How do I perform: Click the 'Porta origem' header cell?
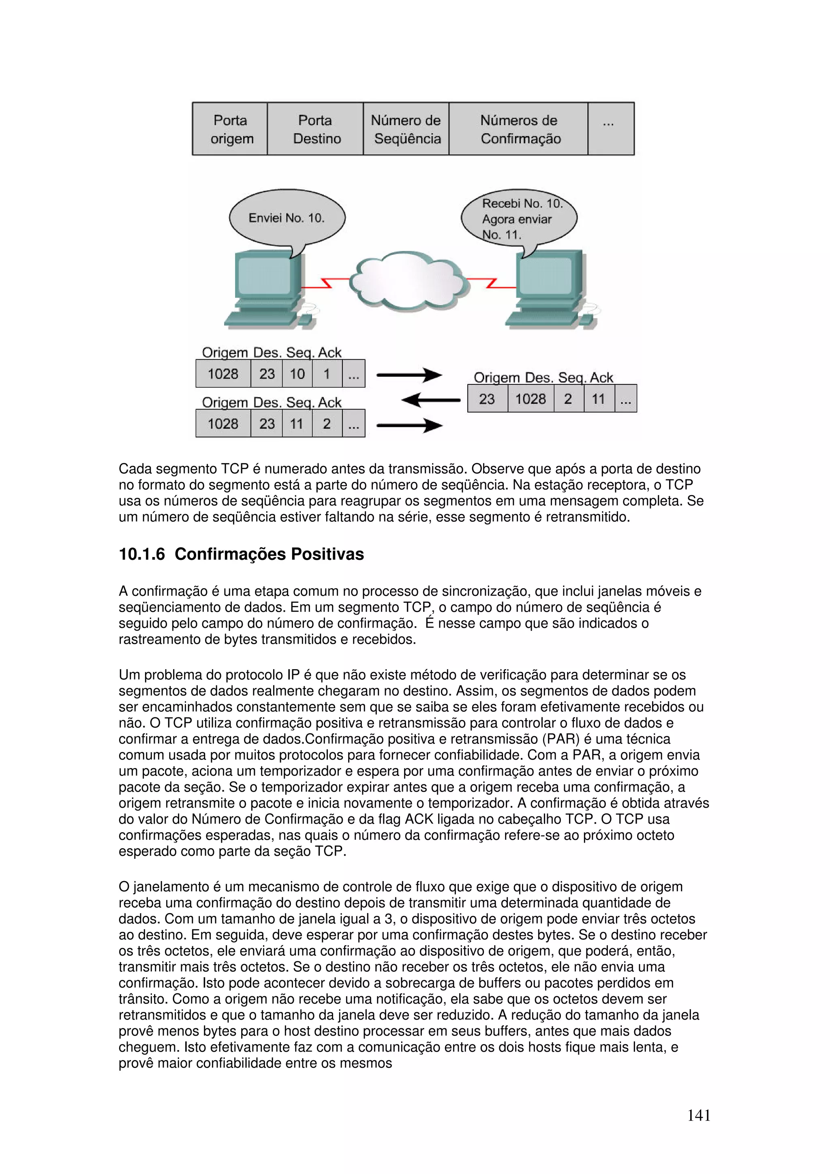pos(230,129)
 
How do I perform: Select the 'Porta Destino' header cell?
pos(316,129)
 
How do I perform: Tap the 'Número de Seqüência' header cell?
pos(406,129)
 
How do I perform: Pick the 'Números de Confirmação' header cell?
pos(519,129)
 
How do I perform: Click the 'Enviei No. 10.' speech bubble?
pos(287,218)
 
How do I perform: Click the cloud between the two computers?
pos(409,281)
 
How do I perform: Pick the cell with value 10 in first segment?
pos(297,374)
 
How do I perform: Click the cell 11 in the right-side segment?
pos(598,399)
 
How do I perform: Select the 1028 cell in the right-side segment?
pos(531,399)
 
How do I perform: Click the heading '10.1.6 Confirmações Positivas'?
pos(242,554)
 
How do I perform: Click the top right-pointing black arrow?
pos(409,375)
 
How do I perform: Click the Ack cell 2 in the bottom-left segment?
pos(327,424)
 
